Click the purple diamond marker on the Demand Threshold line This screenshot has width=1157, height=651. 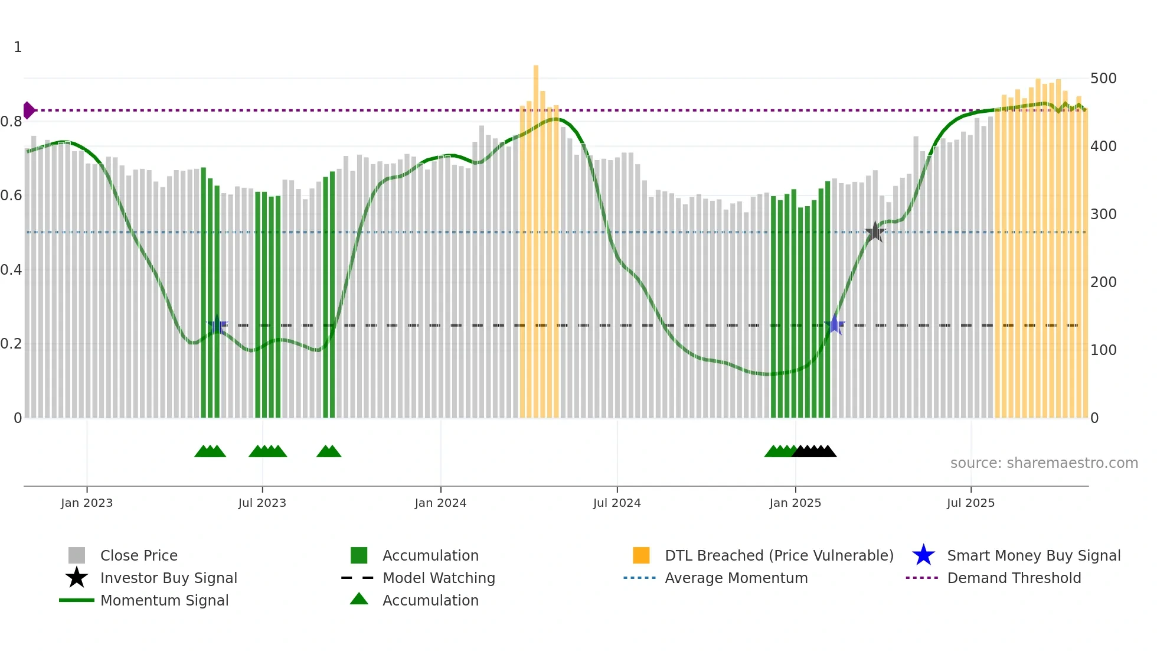(x=28, y=110)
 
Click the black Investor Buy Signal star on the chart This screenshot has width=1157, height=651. (x=875, y=232)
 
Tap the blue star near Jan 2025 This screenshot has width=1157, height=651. (x=835, y=324)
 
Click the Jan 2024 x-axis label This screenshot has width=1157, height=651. (x=440, y=503)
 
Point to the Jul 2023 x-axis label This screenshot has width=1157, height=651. (x=262, y=503)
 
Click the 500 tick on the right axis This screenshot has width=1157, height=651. (x=1103, y=79)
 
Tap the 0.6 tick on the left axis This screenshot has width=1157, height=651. (x=12, y=196)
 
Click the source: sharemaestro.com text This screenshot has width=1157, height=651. (x=1044, y=463)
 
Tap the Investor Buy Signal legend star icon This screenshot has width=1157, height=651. (x=77, y=578)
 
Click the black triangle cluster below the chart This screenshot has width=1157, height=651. (x=815, y=451)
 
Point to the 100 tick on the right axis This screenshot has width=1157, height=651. (x=1103, y=350)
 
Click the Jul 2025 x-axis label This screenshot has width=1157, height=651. (x=970, y=503)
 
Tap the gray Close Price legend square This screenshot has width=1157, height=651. (x=77, y=555)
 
